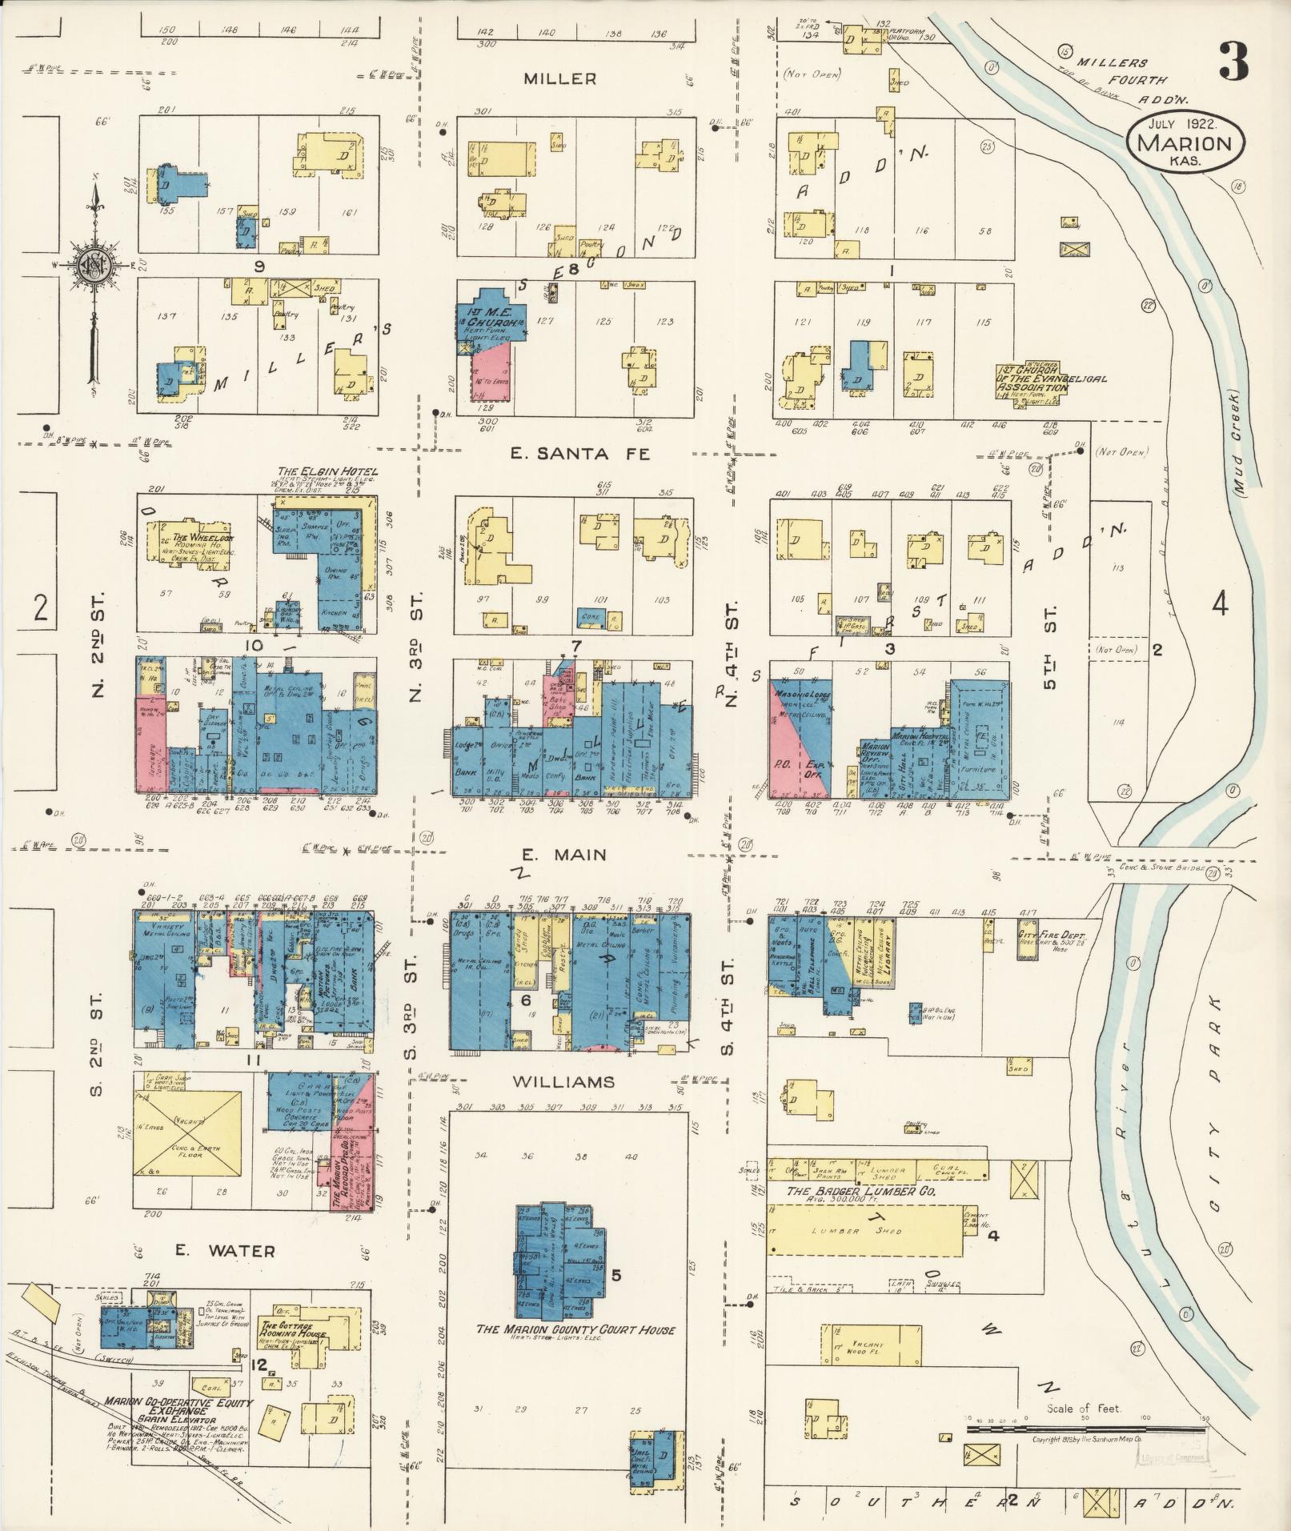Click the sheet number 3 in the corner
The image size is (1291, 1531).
[1234, 62]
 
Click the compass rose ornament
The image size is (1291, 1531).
[94, 265]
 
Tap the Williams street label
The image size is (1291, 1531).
[563, 1081]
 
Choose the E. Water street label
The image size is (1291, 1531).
[227, 1273]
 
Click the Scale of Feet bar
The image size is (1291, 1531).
[1086, 1428]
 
